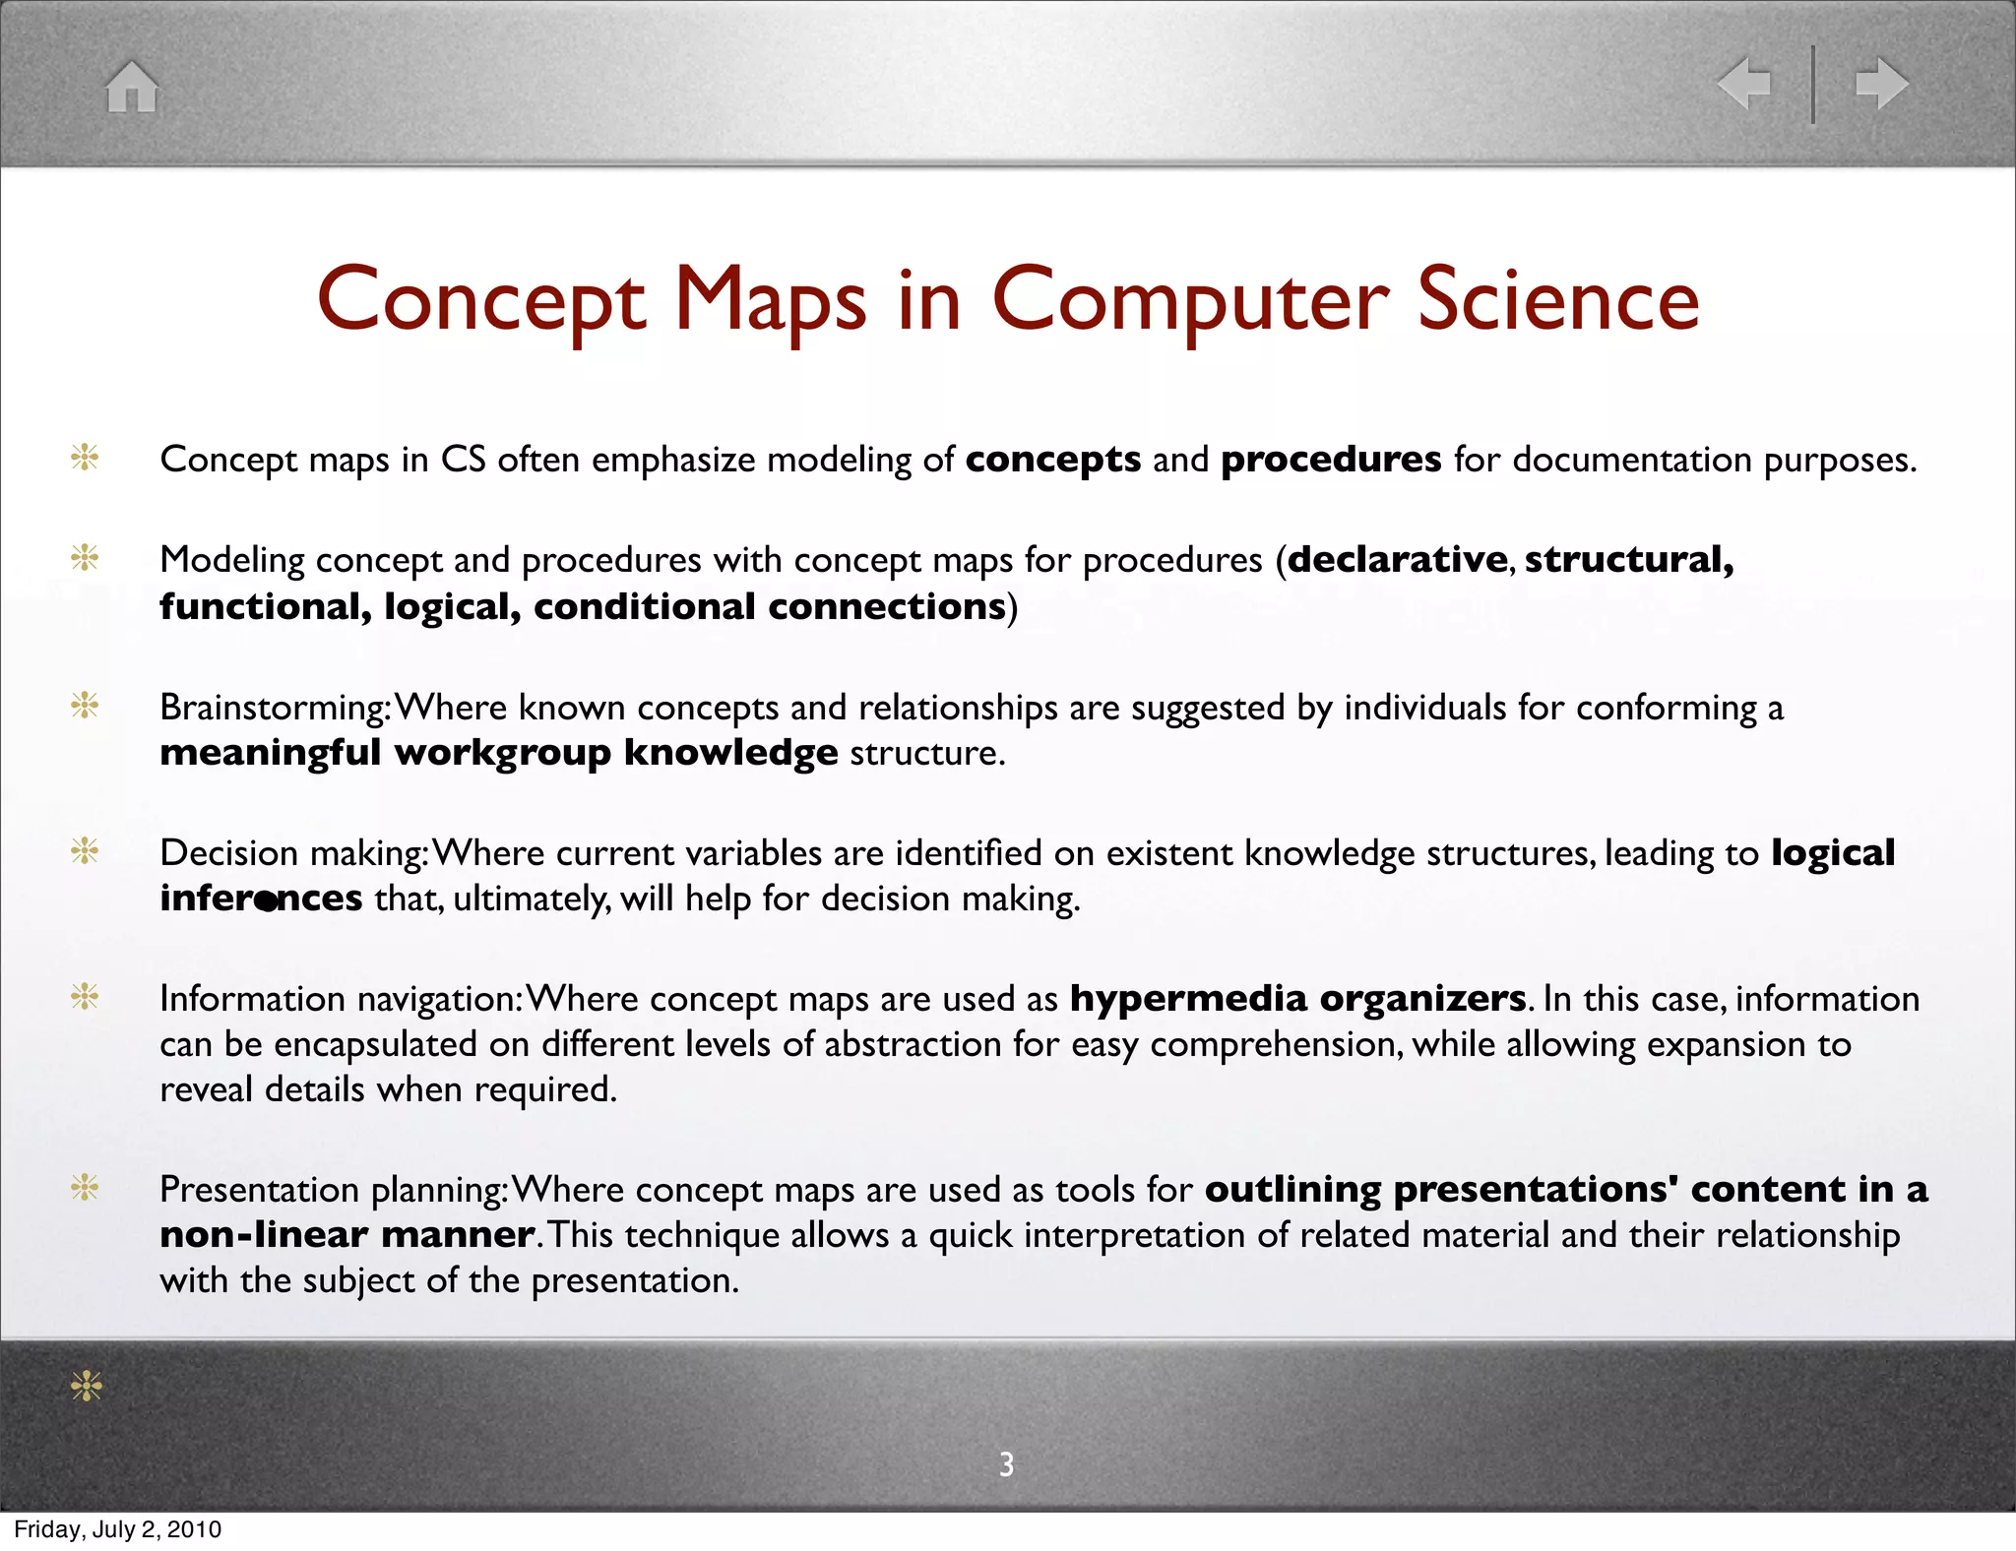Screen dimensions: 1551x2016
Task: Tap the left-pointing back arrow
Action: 1743,83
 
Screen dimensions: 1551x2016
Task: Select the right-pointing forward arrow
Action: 1881,83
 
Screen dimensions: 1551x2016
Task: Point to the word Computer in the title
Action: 1190,301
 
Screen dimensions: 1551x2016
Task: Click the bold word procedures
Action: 1331,460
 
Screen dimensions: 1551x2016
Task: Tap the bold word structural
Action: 1629,559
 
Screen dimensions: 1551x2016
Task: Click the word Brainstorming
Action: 273,708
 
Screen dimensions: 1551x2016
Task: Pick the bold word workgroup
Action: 502,753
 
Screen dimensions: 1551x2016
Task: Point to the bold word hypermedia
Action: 1188,999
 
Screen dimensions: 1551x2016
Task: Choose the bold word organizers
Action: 1423,999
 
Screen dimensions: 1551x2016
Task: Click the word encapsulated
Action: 375,1044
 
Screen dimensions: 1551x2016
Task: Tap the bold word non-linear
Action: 264,1235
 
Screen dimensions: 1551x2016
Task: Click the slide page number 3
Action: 1006,1464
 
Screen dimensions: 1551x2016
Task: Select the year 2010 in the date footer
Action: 194,1529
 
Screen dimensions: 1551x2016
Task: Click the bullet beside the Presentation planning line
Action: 86,1189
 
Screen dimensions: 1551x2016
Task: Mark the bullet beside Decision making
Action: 86,851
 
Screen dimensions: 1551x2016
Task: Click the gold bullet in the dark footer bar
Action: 87,1387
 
